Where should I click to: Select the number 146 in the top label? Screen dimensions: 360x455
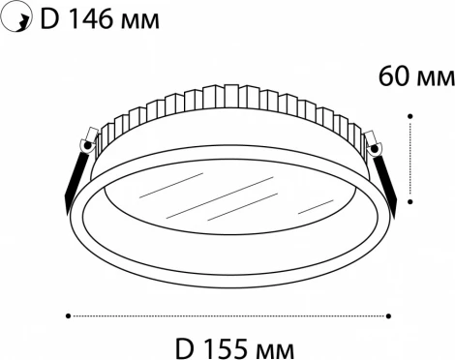pyautogui.click(x=83, y=18)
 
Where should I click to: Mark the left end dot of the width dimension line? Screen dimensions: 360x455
pyautogui.click(x=69, y=314)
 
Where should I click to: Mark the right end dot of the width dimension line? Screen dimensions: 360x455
pyautogui.click(x=389, y=314)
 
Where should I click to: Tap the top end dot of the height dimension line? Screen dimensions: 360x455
pyautogui.click(x=412, y=115)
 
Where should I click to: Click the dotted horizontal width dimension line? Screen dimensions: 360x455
pyautogui.click(x=228, y=314)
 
